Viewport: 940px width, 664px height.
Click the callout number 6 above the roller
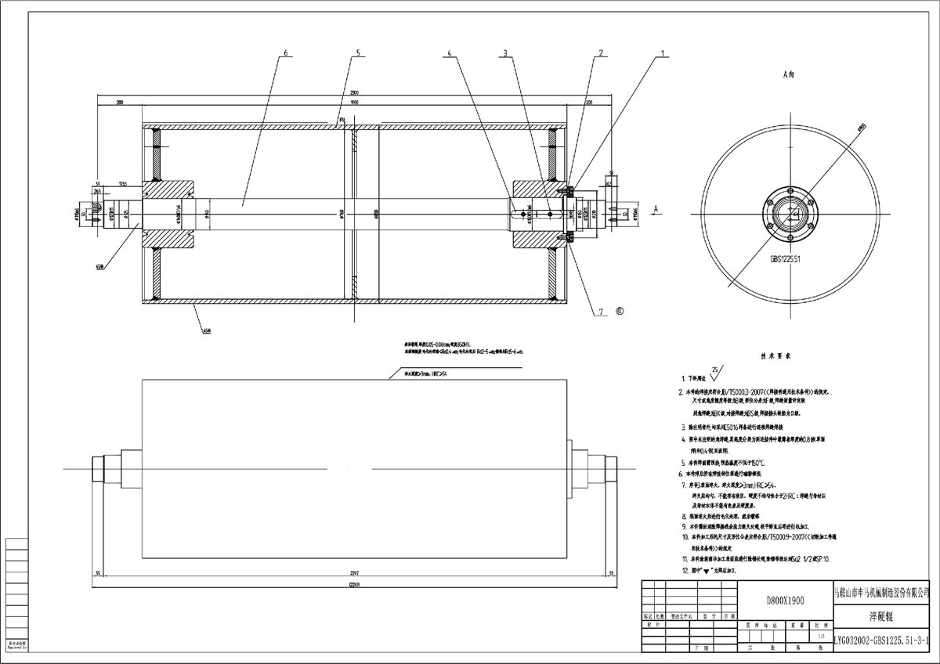(285, 53)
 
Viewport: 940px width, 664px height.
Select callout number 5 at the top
(357, 53)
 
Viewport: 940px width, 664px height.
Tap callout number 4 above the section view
(450, 53)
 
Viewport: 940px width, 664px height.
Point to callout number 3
(506, 53)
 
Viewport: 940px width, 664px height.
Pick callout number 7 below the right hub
(602, 311)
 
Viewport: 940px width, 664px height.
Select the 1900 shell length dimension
(354, 103)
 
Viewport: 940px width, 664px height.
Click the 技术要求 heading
(773, 355)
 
